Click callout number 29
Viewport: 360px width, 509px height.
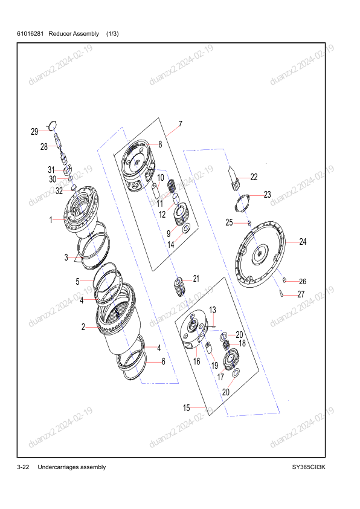(34, 131)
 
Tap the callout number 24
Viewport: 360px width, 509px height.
(303, 242)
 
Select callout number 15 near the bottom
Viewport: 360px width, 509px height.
(187, 407)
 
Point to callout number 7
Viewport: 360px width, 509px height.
(181, 124)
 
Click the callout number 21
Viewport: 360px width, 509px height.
(196, 279)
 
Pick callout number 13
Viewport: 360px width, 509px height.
(213, 310)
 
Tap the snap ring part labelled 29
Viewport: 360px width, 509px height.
(52, 125)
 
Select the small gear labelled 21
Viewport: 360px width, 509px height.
(179, 287)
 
